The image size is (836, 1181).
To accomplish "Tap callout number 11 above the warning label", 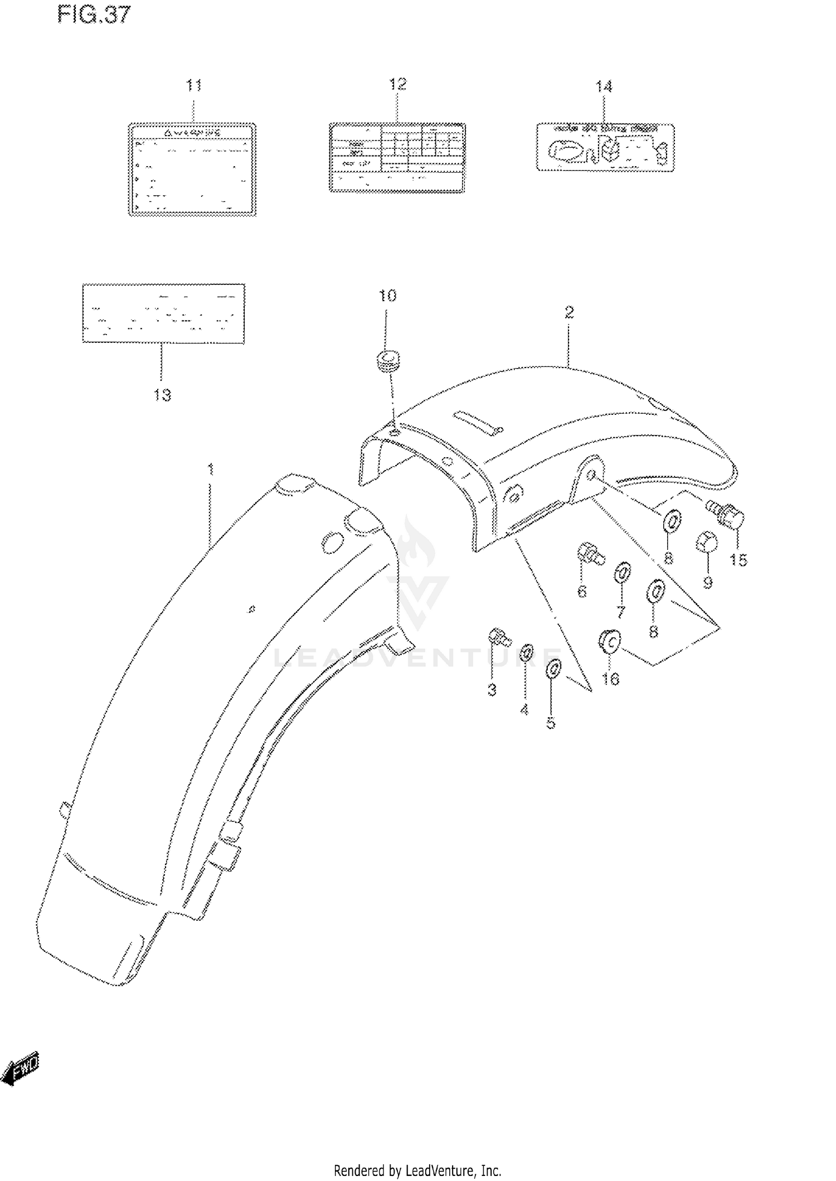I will pyautogui.click(x=193, y=85).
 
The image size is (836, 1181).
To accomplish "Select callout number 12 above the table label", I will pyautogui.click(x=397, y=84).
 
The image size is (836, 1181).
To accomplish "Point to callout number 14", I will pyautogui.click(x=604, y=86).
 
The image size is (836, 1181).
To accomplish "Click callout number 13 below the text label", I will pyautogui.click(x=162, y=395).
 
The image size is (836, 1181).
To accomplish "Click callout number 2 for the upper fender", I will pyautogui.click(x=568, y=312).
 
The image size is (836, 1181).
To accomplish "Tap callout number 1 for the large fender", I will pyautogui.click(x=211, y=470).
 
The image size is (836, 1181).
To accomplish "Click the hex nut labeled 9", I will pyautogui.click(x=704, y=541).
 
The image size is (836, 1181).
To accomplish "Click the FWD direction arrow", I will pyautogui.click(x=21, y=1069).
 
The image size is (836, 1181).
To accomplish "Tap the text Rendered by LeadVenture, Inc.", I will pyautogui.click(x=417, y=1170).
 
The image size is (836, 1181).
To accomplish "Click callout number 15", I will pyautogui.click(x=738, y=559).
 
